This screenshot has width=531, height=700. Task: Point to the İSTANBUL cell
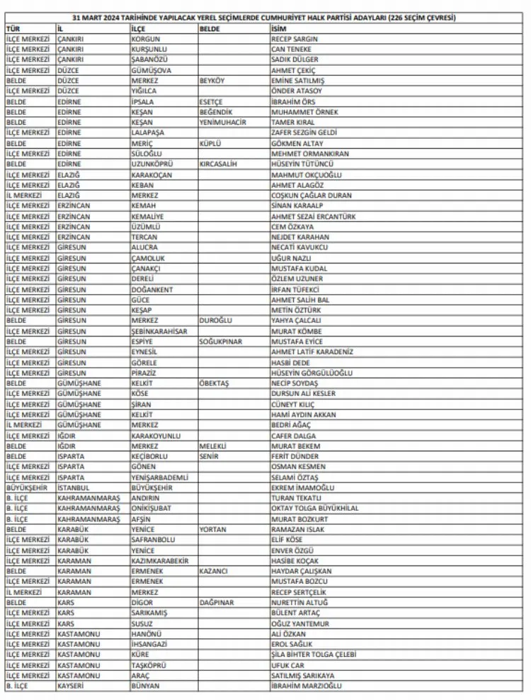(x=74, y=487)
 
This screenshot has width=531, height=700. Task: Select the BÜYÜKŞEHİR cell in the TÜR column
(x=27, y=487)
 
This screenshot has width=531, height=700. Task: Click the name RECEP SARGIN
(x=295, y=38)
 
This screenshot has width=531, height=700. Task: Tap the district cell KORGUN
(x=147, y=38)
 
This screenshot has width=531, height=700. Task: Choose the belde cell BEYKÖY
(x=213, y=80)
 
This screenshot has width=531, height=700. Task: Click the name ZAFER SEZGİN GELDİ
(x=305, y=132)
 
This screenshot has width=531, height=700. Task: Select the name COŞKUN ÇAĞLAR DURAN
(x=311, y=196)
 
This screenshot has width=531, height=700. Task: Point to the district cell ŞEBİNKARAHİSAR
(x=160, y=331)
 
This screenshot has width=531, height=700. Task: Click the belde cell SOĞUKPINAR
(x=220, y=341)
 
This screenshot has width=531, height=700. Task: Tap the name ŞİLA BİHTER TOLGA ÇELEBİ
(x=314, y=655)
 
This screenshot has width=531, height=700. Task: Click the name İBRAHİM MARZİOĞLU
(x=307, y=686)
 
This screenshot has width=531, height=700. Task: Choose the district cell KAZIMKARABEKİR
(x=161, y=560)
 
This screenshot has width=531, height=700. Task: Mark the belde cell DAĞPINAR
(x=215, y=602)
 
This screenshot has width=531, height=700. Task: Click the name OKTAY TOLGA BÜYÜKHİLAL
(x=314, y=508)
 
